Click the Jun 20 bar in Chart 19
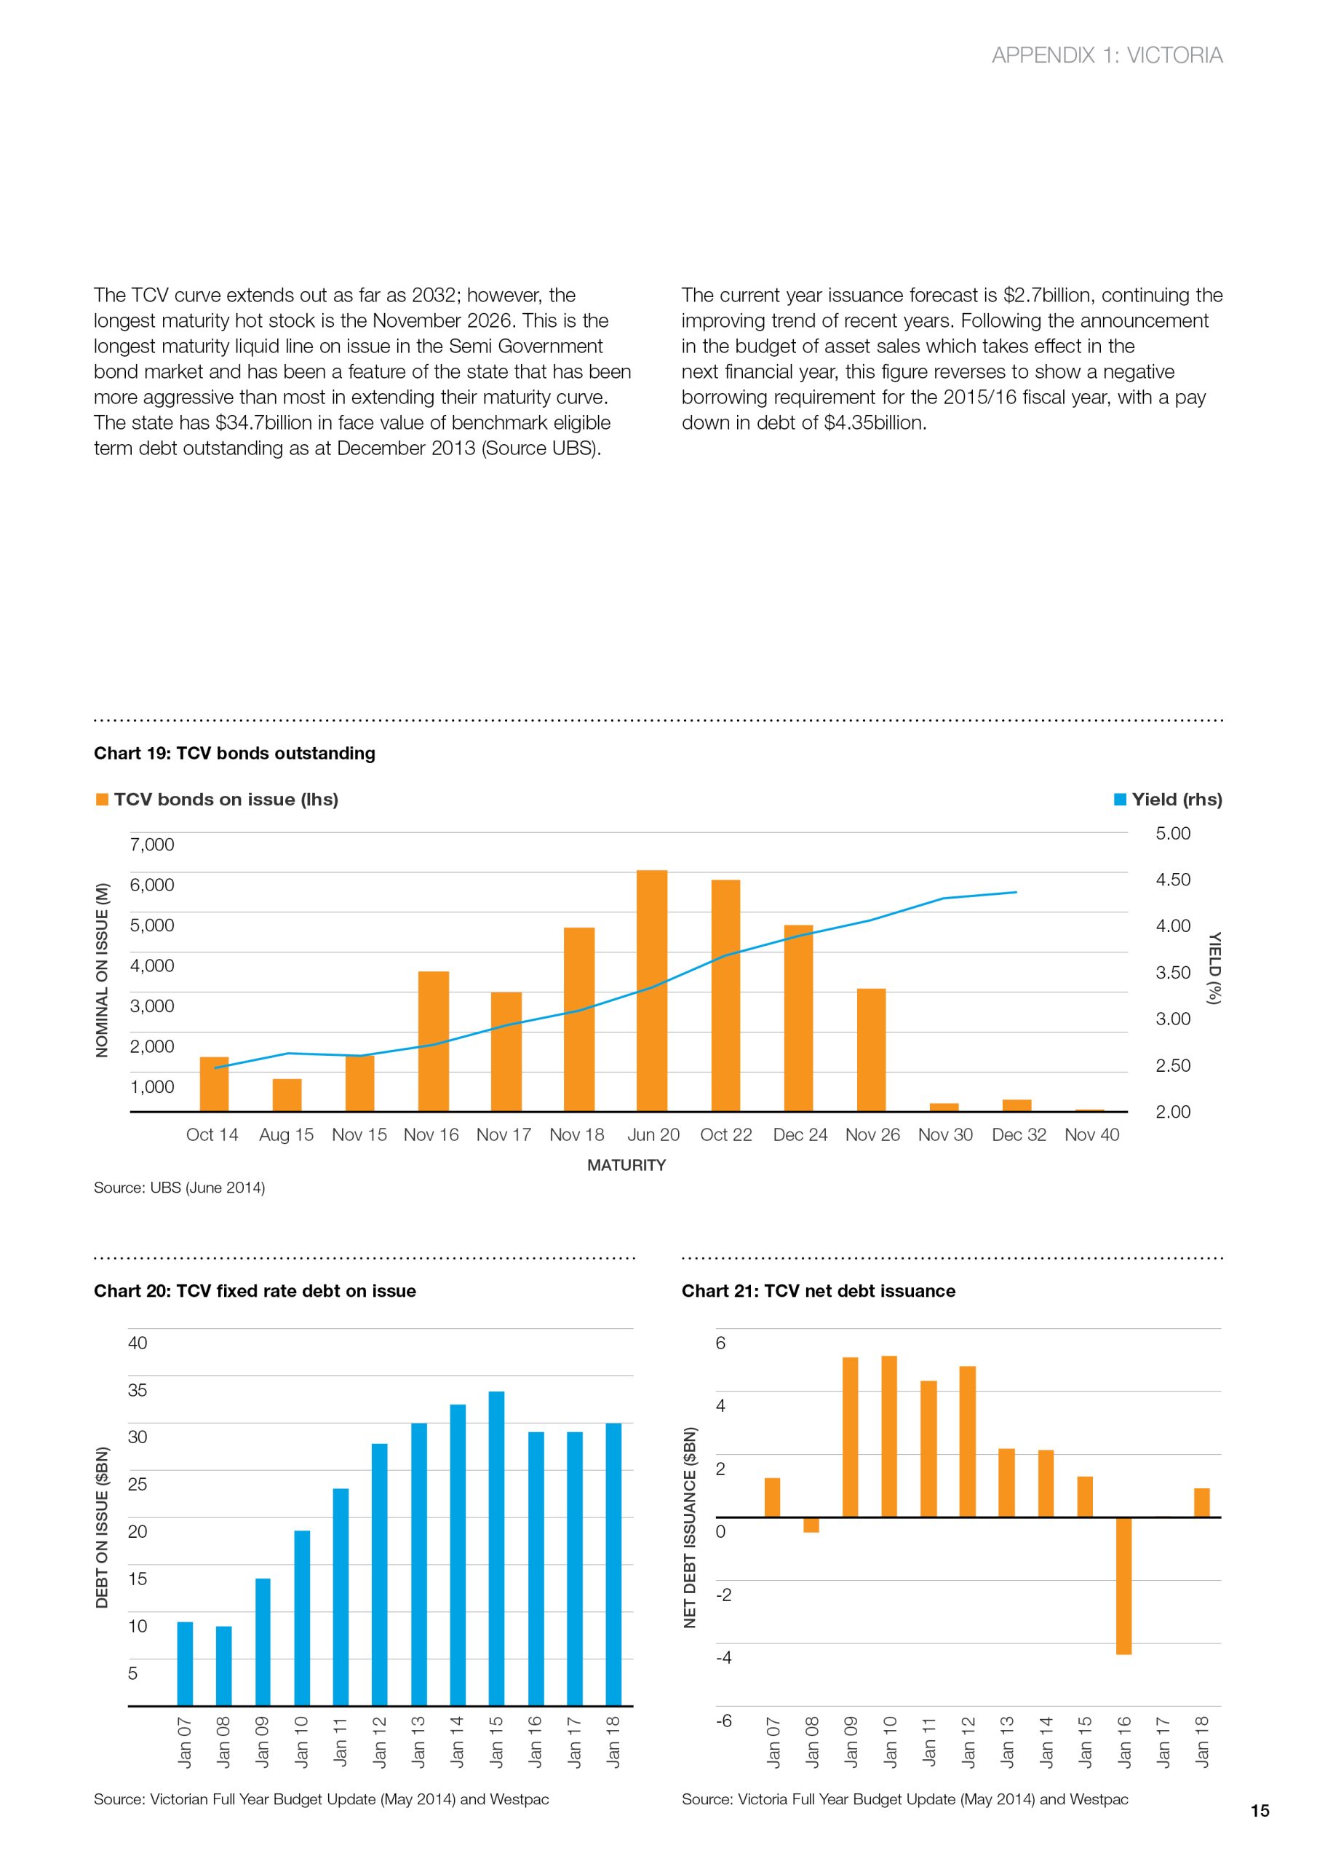(652, 990)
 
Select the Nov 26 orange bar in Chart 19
(871, 1050)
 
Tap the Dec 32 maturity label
(1019, 1135)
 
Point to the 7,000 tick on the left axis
(152, 845)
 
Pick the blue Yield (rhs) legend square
(1120, 799)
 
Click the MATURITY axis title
(626, 1165)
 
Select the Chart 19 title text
(234, 754)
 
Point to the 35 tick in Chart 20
(138, 1390)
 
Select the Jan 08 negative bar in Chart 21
(811, 1525)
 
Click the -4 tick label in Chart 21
(723, 1657)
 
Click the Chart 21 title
(818, 1291)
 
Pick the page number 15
(1260, 1810)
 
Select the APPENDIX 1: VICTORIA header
(1107, 55)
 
